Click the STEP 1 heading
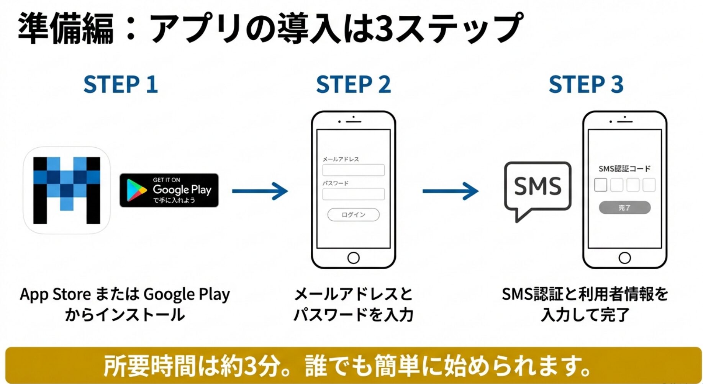pos(121,84)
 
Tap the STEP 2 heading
pos(353,84)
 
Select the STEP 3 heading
pos(586,84)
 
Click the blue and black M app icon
pos(67,190)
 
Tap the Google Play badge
pos(169,190)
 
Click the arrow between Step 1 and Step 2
pos(260,191)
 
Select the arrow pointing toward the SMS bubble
pos(451,191)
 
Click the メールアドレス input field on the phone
pos(353,170)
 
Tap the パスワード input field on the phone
pos(353,194)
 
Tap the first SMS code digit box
pos(600,185)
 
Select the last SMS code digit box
pos(649,185)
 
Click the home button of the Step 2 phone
pos(353,258)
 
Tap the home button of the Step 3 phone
pos(624,258)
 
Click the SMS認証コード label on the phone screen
pos(624,169)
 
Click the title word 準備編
pos(66,28)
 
